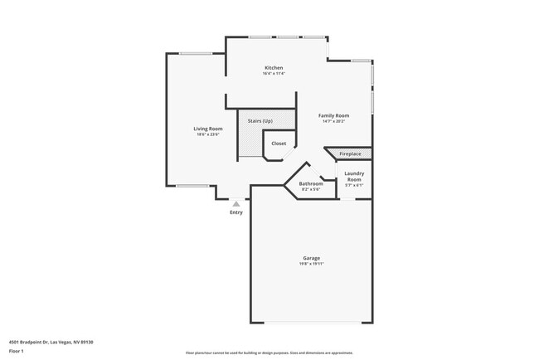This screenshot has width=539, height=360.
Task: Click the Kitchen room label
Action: [274, 67]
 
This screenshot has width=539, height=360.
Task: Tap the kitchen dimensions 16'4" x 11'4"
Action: [274, 74]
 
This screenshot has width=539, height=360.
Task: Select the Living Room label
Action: [208, 129]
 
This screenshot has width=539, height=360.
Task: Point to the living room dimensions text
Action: [208, 135]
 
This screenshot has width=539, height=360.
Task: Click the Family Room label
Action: [334, 115]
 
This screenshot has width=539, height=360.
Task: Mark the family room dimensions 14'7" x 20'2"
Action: [334, 122]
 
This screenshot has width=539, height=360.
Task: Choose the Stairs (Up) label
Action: [260, 121]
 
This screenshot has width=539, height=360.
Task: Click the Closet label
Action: [279, 144]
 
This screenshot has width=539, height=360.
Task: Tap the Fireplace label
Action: [350, 153]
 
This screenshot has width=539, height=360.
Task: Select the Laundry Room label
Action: [354, 177]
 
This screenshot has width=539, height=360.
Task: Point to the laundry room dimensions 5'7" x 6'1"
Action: [354, 185]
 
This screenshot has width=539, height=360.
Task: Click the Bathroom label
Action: [311, 183]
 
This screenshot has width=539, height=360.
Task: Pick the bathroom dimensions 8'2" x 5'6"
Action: [311, 190]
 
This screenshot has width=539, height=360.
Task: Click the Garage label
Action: [312, 258]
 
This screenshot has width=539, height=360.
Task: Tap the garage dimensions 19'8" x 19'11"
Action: [312, 265]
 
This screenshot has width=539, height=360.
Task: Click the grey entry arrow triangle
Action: [236, 202]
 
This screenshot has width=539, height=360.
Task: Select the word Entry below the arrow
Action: [236, 212]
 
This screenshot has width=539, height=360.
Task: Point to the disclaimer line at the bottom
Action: [269, 353]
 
